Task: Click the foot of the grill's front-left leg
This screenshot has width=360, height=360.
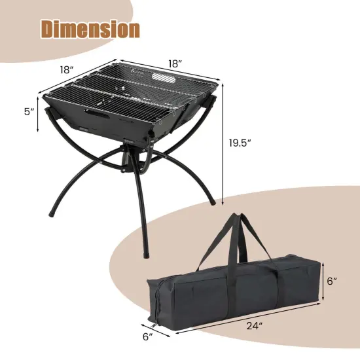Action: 51,213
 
